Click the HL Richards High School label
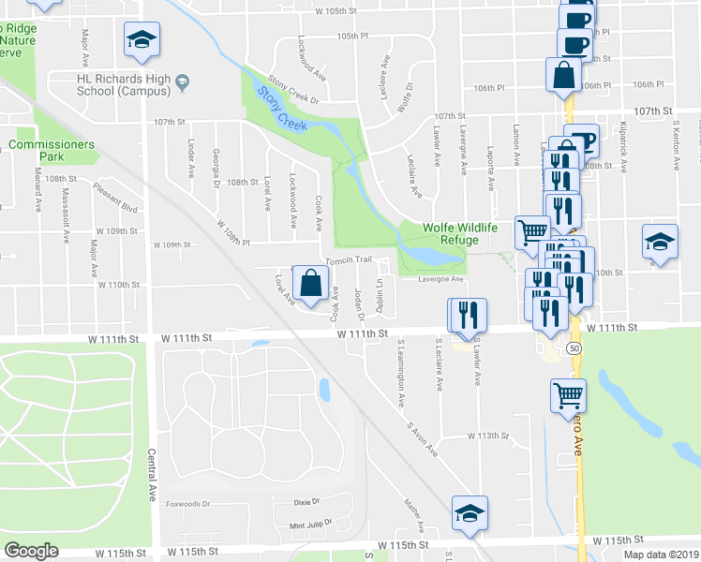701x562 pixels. [124, 85]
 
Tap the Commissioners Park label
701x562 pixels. [52, 150]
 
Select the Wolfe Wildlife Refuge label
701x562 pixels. [450, 233]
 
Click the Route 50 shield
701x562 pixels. [572, 348]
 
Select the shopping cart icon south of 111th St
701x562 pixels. [569, 397]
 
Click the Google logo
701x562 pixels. [31, 551]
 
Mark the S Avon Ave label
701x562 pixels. [422, 437]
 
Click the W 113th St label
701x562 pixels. [487, 436]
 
